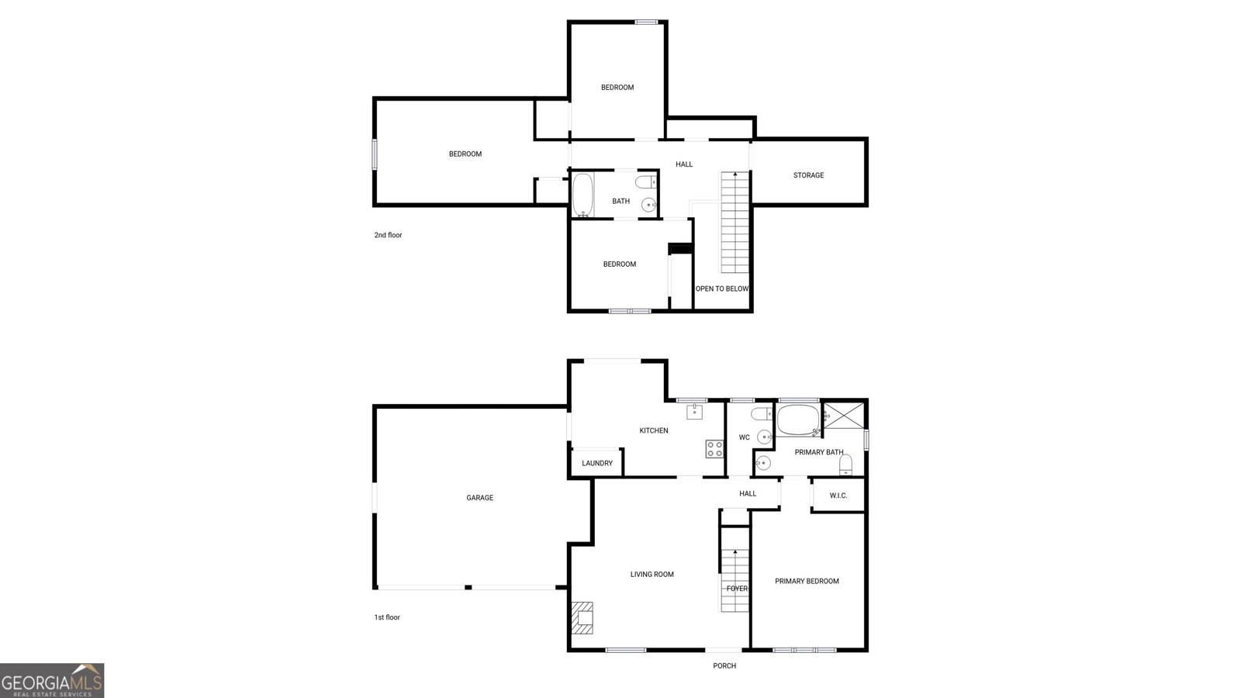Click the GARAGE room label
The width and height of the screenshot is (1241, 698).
479,498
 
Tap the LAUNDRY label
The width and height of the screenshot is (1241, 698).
597,464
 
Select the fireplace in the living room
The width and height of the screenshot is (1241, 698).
582,618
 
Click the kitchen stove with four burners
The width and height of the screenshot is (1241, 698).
714,448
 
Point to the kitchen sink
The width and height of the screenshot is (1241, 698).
694,411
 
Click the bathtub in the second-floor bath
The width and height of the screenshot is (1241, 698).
582,195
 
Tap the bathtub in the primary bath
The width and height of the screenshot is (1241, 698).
798,420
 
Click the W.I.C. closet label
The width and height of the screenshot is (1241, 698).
838,496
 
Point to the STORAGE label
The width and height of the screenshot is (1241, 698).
808,175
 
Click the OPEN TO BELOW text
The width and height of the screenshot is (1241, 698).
722,289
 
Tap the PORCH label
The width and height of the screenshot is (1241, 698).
724,666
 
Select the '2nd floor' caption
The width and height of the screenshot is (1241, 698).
388,235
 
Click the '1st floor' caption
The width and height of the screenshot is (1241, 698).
387,617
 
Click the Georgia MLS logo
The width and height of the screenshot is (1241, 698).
52,680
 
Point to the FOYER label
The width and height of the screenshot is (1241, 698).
737,589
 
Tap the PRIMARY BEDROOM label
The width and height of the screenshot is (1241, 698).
807,581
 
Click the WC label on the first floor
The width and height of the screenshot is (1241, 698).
744,437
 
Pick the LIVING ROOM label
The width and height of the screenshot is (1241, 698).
652,575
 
